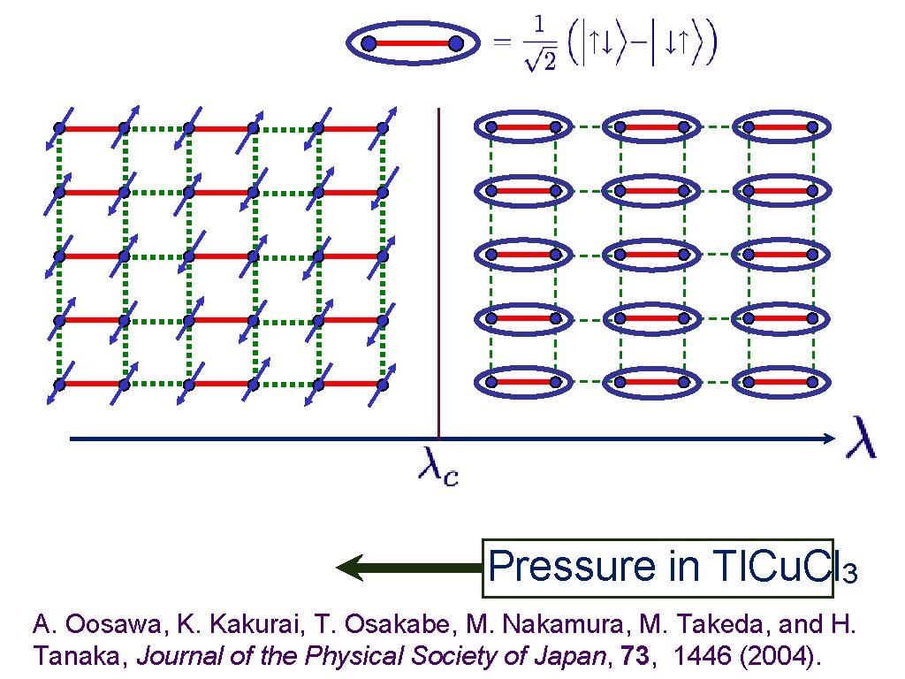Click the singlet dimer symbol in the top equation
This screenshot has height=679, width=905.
pos(412,43)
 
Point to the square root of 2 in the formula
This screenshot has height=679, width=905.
pos(537,63)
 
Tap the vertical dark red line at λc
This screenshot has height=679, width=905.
pos(438,265)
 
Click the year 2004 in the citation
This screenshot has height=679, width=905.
pos(780,656)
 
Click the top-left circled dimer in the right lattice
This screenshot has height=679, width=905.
pos(521,128)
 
